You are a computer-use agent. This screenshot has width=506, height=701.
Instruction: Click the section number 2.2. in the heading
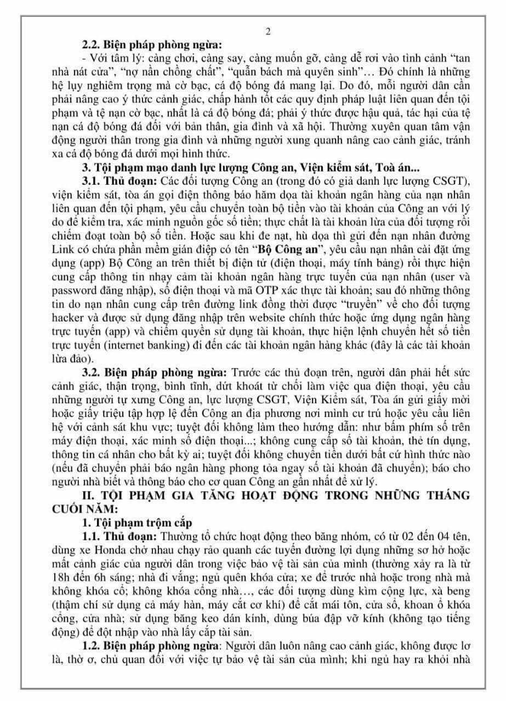click(92, 45)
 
